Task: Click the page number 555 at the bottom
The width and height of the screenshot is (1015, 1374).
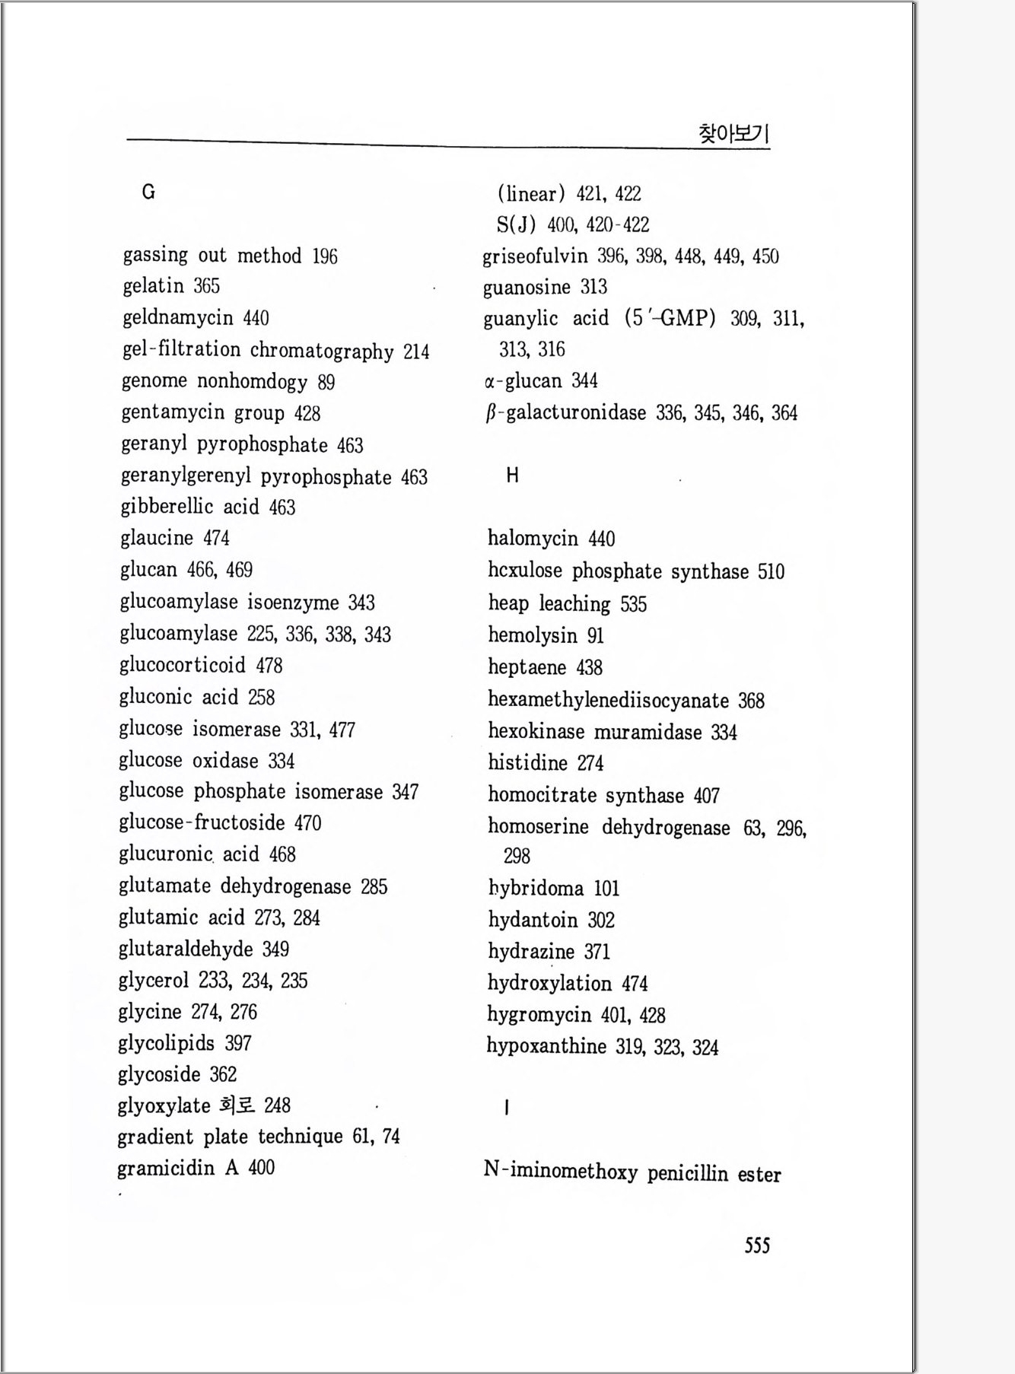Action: [x=757, y=1245]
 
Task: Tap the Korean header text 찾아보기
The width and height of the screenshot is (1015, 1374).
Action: [x=733, y=134]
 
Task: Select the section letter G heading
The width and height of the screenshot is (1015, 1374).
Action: [x=148, y=192]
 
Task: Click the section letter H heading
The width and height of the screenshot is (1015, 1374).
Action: [x=512, y=475]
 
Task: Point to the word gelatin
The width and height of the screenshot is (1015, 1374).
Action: [x=153, y=286]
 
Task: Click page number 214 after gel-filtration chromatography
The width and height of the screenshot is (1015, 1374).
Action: [x=416, y=351]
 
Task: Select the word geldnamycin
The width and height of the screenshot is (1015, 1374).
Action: [x=178, y=318]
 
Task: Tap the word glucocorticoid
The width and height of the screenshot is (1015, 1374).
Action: [x=183, y=666]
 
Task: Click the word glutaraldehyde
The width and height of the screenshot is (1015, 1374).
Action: [x=186, y=949]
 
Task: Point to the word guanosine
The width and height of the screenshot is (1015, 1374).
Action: [x=527, y=288]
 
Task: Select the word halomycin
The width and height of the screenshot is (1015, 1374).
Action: [x=533, y=539]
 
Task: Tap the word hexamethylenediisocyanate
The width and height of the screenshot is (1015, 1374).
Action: [x=608, y=700]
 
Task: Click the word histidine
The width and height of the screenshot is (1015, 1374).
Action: [x=527, y=763]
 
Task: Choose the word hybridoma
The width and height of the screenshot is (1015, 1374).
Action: [x=536, y=889]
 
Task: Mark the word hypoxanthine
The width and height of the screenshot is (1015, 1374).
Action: [x=546, y=1047]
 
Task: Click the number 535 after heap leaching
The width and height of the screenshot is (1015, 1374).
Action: [x=633, y=605]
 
